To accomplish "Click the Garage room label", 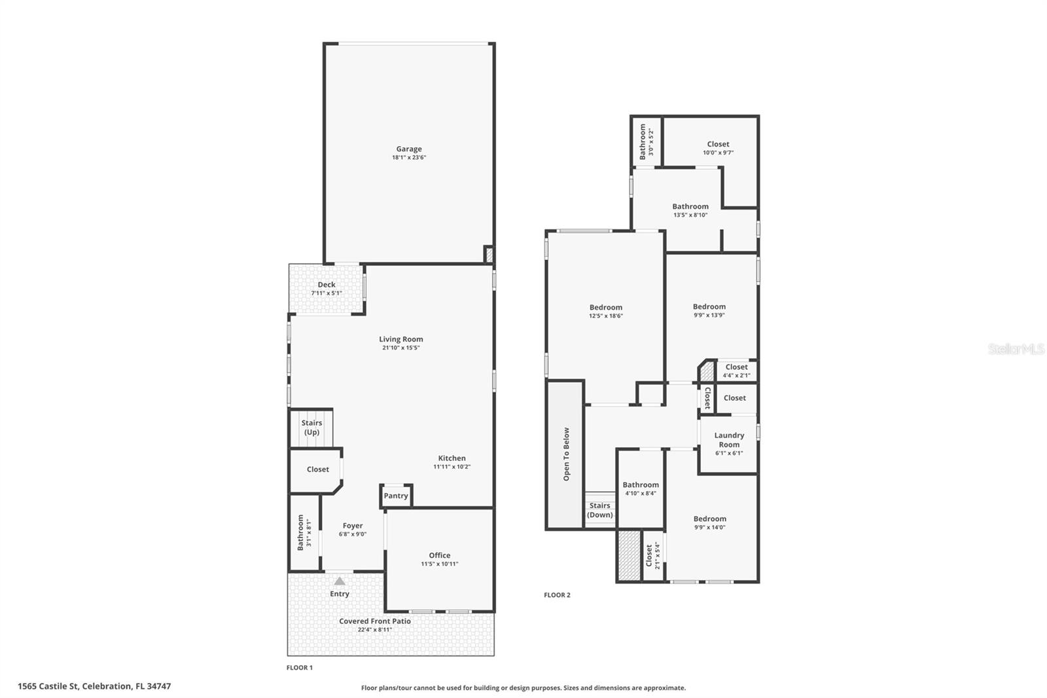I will (x=408, y=149).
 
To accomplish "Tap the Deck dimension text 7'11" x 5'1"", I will (x=326, y=293).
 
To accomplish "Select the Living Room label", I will (x=400, y=339).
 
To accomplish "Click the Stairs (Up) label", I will (x=311, y=427).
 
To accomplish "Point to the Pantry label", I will (x=395, y=496).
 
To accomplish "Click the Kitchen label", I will (x=452, y=458).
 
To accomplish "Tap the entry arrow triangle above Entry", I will (x=339, y=581).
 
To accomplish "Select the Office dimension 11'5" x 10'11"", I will (x=439, y=564).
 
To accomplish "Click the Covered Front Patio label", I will (x=374, y=621).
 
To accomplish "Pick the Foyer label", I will (x=352, y=525).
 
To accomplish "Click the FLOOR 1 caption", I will (x=300, y=668).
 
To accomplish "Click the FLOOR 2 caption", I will (x=557, y=595).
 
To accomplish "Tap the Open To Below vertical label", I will (x=566, y=454).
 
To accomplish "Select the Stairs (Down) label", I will (x=599, y=510).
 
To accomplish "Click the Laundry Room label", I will (x=729, y=439).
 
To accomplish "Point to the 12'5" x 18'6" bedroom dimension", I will (x=605, y=316).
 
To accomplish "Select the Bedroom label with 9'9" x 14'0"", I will (x=709, y=519).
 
